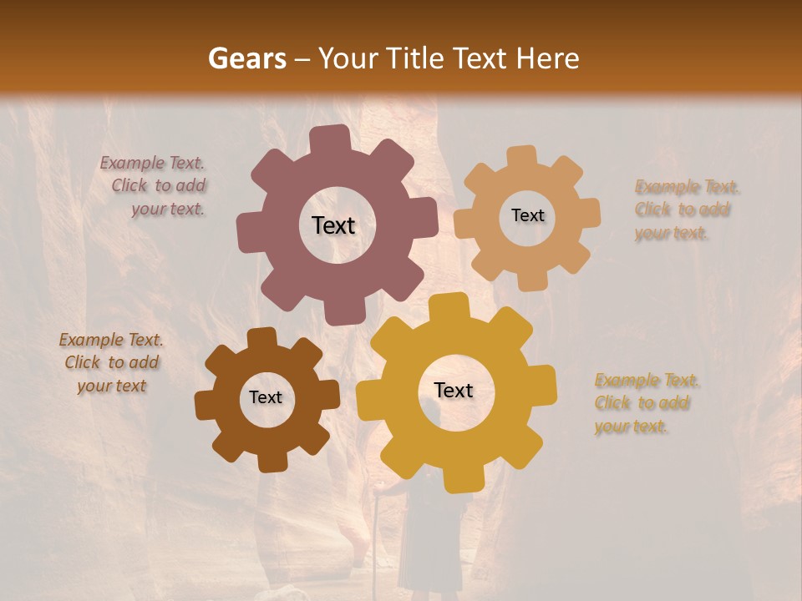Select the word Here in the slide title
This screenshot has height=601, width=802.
click(548, 58)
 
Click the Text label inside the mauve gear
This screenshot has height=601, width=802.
click(333, 225)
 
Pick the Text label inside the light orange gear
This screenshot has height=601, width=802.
click(527, 215)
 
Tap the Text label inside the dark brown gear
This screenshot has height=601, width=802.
click(266, 397)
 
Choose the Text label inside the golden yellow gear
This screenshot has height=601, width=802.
click(454, 390)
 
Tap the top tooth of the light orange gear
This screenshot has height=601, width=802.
click(521, 157)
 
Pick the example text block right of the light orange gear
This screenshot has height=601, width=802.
click(685, 210)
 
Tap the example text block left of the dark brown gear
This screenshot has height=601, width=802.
click(111, 362)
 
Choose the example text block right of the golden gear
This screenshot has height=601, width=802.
click(645, 403)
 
